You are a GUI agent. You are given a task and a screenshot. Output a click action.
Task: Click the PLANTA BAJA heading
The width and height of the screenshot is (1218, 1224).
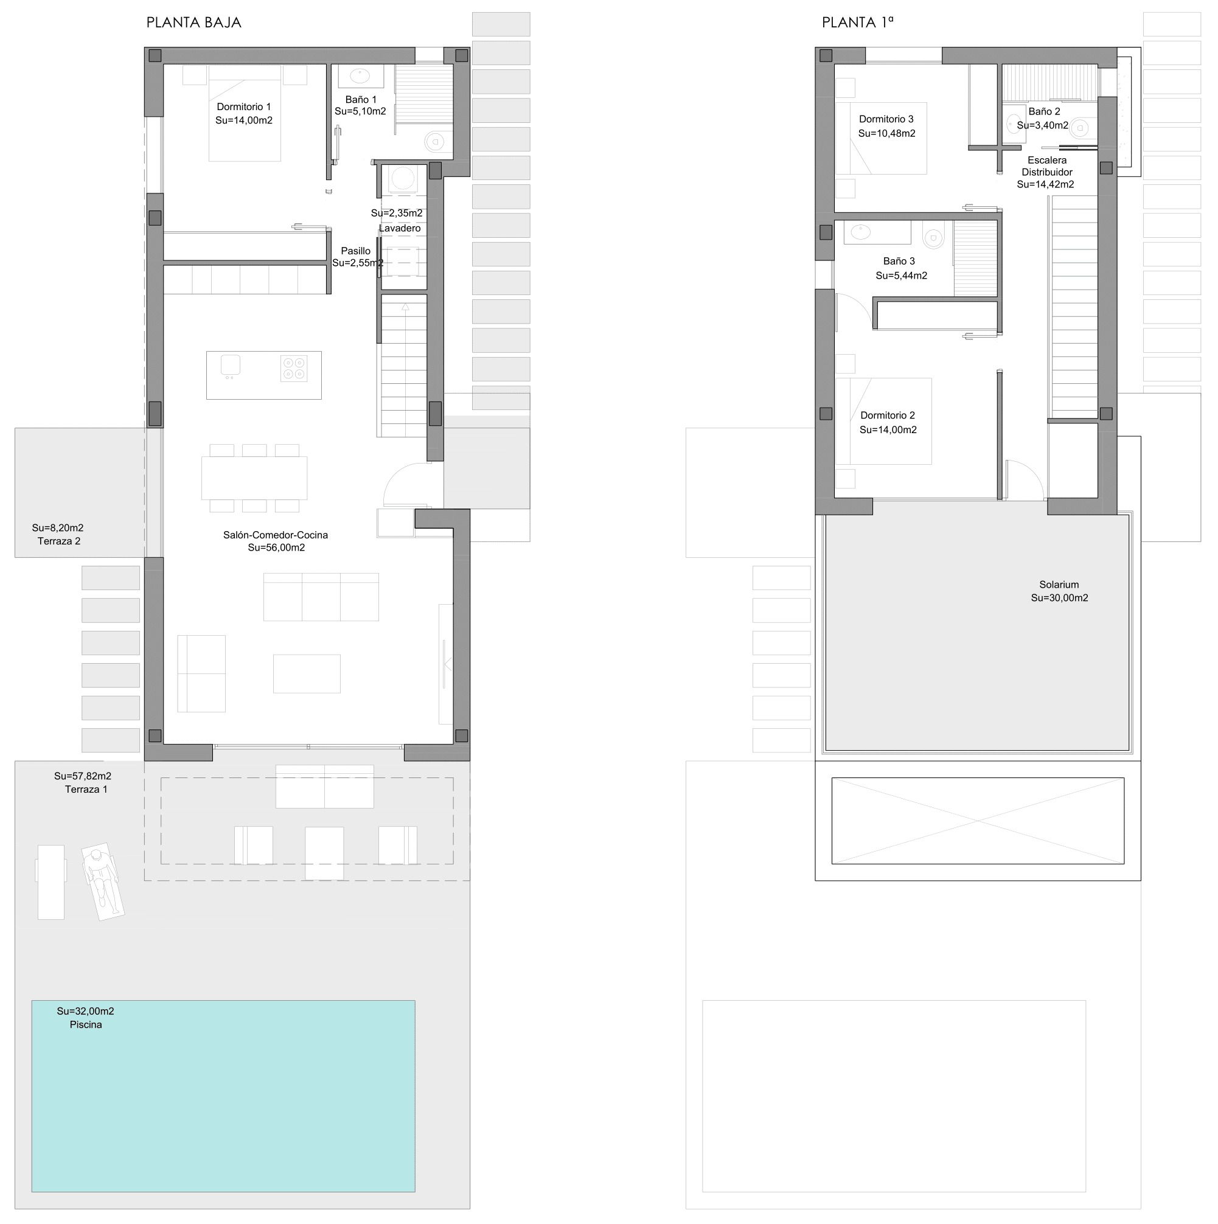(194, 23)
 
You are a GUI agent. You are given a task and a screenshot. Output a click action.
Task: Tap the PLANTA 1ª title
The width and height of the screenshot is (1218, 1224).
(857, 23)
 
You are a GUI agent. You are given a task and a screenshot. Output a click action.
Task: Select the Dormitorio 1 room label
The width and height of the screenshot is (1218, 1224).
(244, 107)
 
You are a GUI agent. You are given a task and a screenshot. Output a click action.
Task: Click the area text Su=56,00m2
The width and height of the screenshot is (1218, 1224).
(276, 548)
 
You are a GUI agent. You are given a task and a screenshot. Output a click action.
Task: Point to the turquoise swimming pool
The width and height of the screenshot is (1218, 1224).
(223, 1096)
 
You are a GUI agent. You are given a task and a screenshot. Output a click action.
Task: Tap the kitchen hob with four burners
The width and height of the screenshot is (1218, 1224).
(294, 369)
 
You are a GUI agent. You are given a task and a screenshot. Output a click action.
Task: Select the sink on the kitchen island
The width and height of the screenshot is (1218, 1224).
(230, 366)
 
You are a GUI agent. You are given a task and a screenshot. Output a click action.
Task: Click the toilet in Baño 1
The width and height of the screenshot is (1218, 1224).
(435, 141)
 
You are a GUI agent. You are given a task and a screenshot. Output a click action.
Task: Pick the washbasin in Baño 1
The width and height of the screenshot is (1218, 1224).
(360, 76)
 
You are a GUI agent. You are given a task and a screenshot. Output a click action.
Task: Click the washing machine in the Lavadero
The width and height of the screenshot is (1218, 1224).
(402, 179)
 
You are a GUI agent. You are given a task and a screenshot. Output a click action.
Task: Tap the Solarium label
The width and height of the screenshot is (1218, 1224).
(1059, 585)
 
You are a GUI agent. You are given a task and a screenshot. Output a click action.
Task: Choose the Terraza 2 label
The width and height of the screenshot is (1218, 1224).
(59, 541)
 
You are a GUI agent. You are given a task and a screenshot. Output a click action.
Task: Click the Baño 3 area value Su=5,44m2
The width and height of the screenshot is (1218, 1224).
(901, 276)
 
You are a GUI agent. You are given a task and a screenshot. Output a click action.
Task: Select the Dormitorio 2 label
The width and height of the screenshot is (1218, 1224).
(888, 416)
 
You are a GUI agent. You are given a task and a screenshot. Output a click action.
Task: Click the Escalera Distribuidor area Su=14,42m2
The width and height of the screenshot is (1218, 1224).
(1046, 185)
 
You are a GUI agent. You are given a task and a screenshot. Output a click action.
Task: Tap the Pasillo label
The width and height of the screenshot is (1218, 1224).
(355, 251)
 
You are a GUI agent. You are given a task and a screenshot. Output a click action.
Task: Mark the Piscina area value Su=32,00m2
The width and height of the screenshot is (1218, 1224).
(86, 1011)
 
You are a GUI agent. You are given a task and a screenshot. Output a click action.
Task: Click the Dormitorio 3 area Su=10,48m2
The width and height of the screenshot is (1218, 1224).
(886, 134)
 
